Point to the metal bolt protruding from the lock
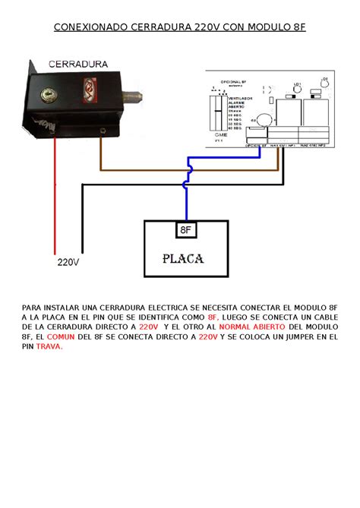(135, 96)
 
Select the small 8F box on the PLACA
(185, 229)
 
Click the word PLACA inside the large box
(183, 258)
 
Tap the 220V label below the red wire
(68, 263)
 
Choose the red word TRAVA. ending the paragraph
(49, 346)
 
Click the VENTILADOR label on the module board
(242, 99)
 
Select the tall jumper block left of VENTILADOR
(219, 112)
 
